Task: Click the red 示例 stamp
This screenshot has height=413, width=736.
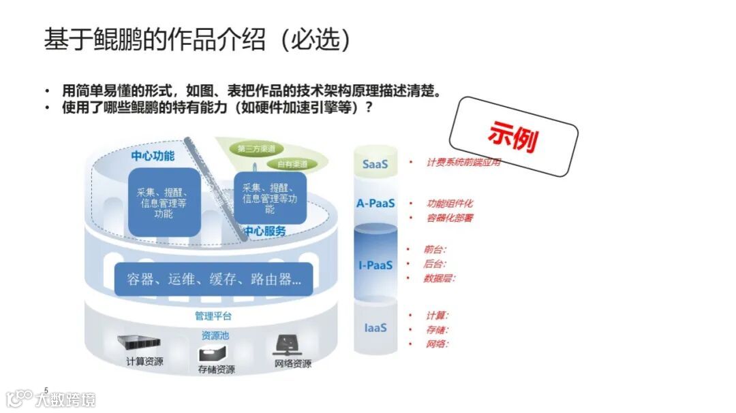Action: (512, 137)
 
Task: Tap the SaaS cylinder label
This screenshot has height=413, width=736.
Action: (375, 164)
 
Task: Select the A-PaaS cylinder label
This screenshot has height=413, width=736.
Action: (375, 203)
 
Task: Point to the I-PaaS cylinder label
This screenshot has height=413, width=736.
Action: (375, 265)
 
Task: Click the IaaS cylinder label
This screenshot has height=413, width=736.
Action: (375, 327)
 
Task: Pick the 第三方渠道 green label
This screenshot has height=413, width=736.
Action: (256, 148)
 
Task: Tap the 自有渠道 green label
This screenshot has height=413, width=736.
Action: (292, 164)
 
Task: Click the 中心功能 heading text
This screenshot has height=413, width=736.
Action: (153, 156)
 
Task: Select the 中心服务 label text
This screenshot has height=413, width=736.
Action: (265, 231)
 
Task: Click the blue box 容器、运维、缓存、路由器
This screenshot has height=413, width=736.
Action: (214, 279)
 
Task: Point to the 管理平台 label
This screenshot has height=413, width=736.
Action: (213, 316)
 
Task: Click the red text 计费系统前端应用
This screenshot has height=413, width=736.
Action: (464, 163)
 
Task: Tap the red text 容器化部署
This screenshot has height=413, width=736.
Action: (450, 218)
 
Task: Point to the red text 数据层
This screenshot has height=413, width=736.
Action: (439, 278)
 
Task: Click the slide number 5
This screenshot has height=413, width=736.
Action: (46, 389)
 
